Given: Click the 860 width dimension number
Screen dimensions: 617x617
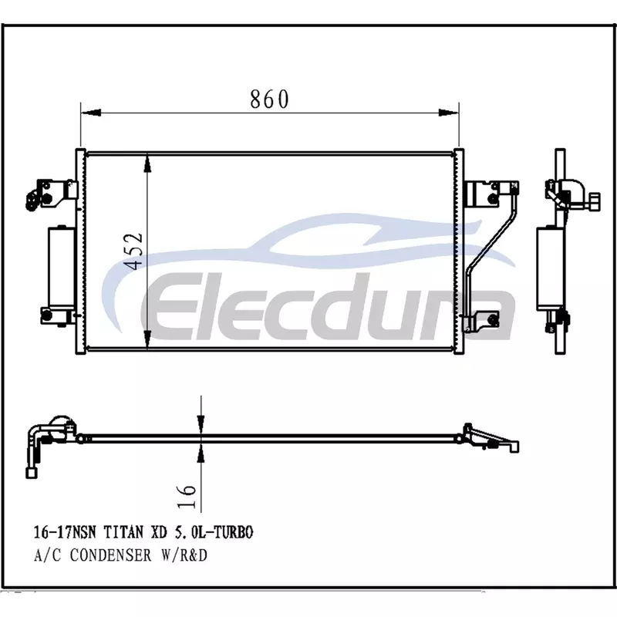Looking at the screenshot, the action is click(269, 99).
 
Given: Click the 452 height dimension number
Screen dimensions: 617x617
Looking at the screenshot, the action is click(133, 251).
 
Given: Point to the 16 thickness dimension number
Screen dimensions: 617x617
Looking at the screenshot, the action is click(187, 496).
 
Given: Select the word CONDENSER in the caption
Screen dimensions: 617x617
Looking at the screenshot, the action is click(110, 555).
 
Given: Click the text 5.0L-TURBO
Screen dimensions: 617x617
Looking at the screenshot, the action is click(213, 532).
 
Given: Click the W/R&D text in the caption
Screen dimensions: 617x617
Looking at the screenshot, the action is click(184, 555).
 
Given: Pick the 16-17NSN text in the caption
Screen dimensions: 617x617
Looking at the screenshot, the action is click(65, 532).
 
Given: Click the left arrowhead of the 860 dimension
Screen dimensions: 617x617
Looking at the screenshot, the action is click(91, 113).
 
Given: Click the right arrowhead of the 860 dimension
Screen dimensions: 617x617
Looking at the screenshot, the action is click(449, 113).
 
